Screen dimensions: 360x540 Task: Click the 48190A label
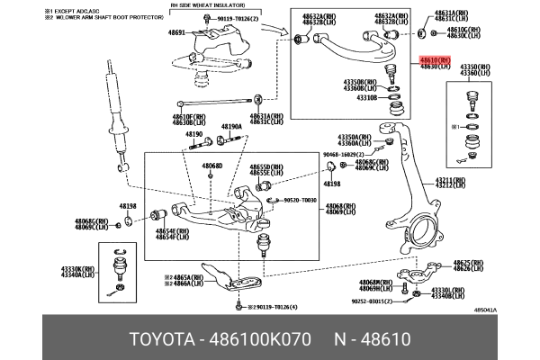point(231,128)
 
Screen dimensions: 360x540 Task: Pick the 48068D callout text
point(211,166)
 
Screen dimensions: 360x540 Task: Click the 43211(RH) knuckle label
point(451,180)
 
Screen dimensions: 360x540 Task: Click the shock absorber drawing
point(115,112)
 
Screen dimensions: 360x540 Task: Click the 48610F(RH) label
point(189,116)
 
